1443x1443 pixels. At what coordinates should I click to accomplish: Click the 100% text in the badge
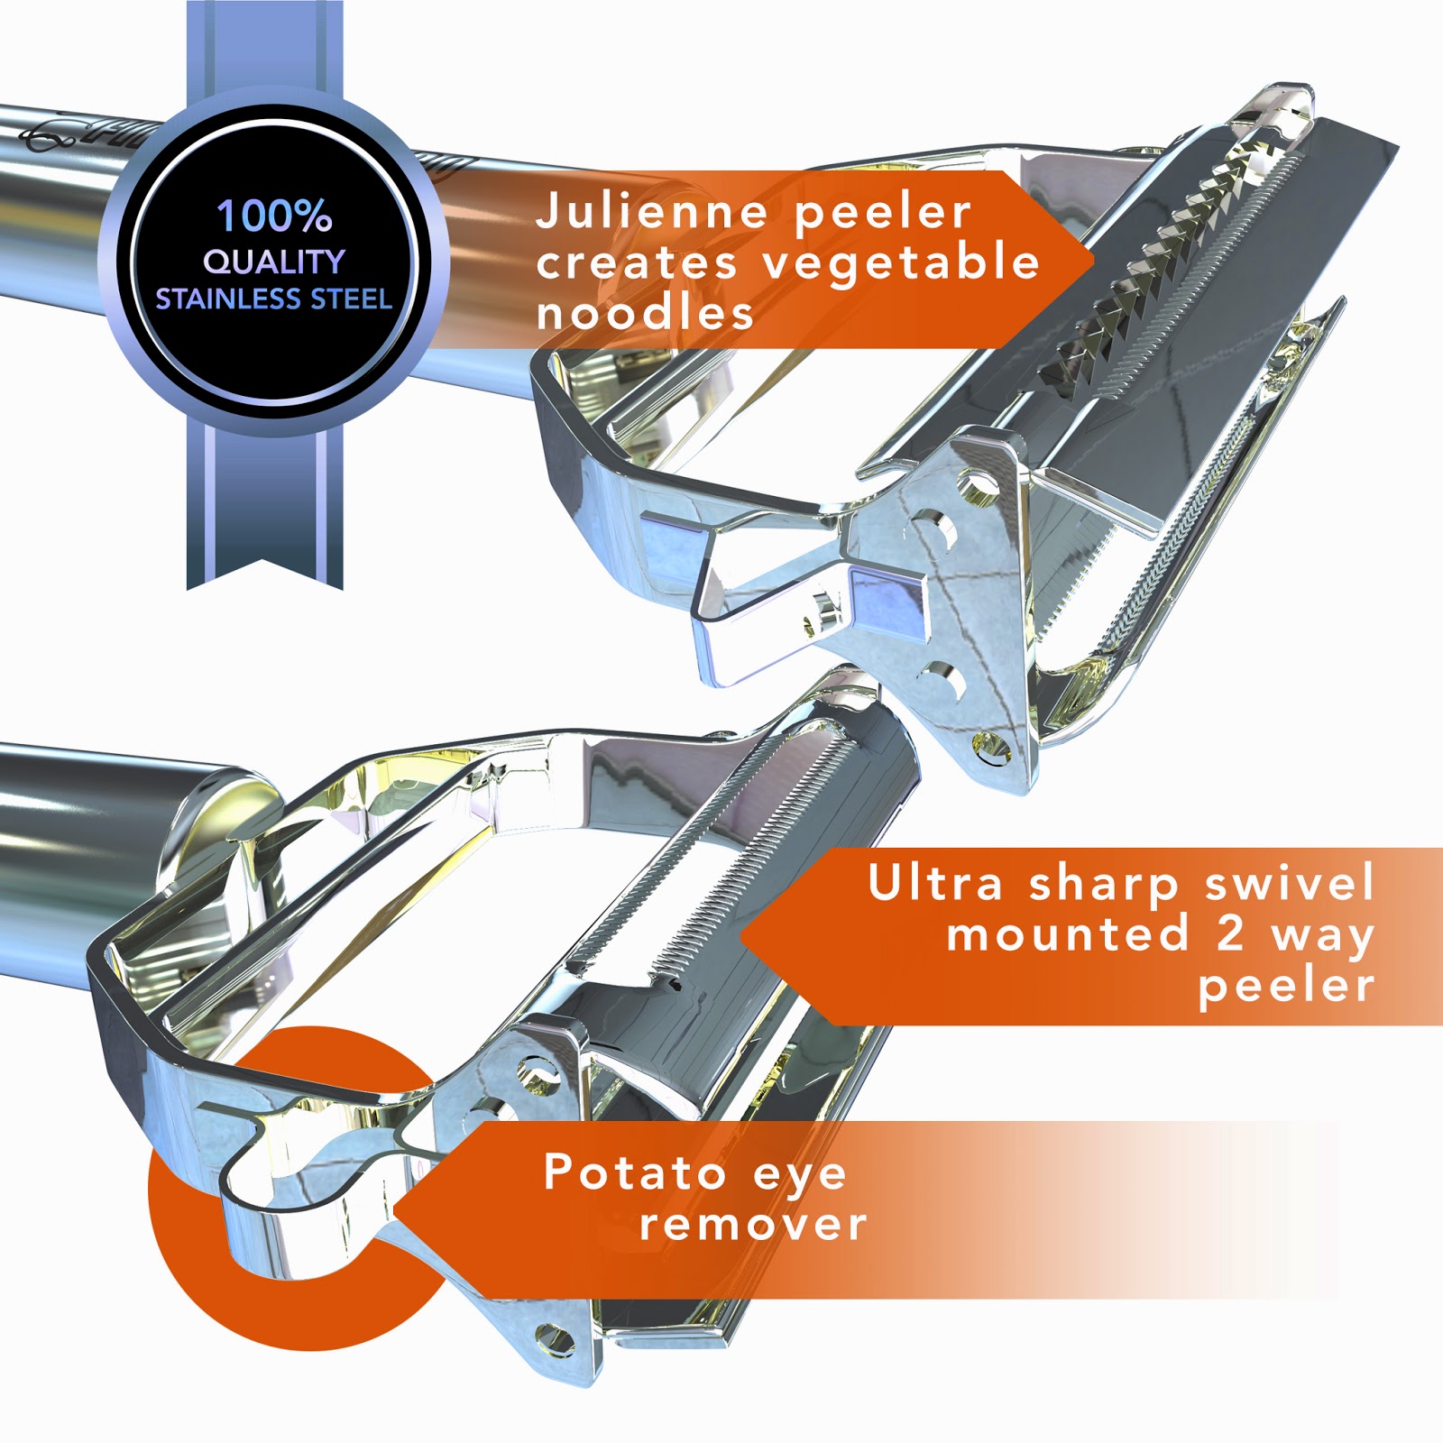(274, 216)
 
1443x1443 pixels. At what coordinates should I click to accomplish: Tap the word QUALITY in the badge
(274, 262)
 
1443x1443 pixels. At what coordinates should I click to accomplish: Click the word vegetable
(901, 263)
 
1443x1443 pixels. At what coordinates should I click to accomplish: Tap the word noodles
(644, 312)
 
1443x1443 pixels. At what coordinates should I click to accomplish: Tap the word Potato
(635, 1172)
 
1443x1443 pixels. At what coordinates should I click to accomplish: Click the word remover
(753, 1224)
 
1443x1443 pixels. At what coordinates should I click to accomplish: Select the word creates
(637, 263)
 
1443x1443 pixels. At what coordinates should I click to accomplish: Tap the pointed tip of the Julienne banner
(1094, 260)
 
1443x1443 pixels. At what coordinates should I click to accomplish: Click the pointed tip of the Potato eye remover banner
(393, 1209)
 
